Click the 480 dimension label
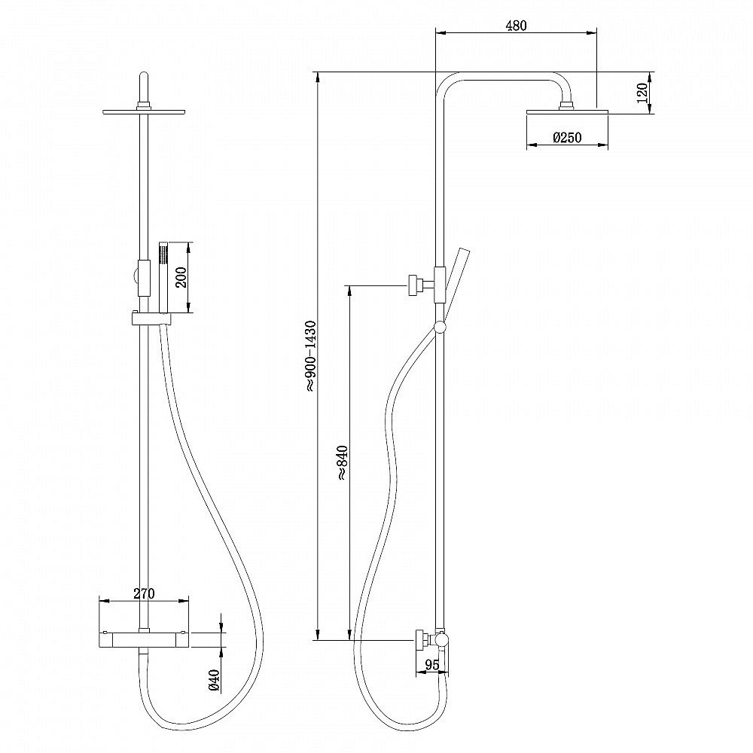pyautogui.click(x=516, y=26)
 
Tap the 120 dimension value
pyautogui.click(x=642, y=93)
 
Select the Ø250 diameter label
pyautogui.click(x=567, y=138)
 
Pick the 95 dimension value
pyautogui.click(x=432, y=665)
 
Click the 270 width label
pyautogui.click(x=144, y=593)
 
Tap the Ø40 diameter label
pyautogui.click(x=215, y=681)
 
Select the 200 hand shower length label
pyautogui.click(x=181, y=277)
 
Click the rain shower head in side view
pyautogui.click(x=567, y=112)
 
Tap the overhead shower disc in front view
pyautogui.click(x=144, y=112)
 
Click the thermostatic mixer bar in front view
pyautogui.click(x=144, y=639)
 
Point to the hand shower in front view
pyautogui.click(x=163, y=279)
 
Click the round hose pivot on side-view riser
pyautogui.click(x=440, y=328)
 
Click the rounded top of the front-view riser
pyautogui.click(x=144, y=78)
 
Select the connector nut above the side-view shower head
pyautogui.click(x=567, y=105)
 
